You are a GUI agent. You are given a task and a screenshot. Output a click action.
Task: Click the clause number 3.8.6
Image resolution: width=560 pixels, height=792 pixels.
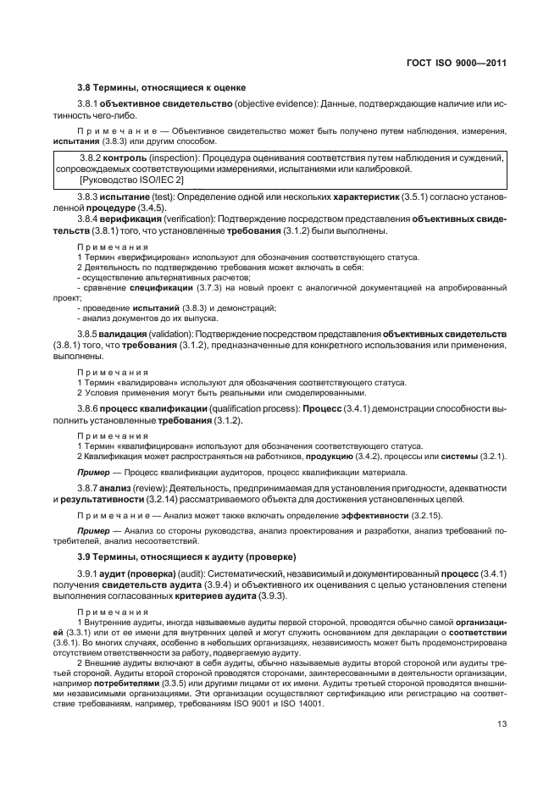[88, 409]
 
